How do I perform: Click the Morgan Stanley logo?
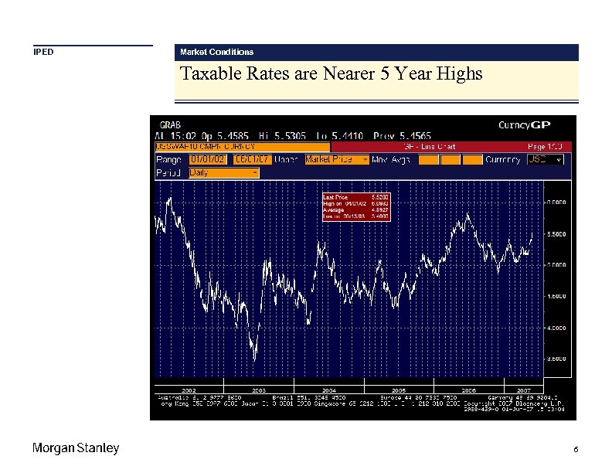[76, 449]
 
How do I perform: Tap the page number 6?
[576, 450]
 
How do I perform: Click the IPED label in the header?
[43, 53]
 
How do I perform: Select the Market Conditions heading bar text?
[216, 52]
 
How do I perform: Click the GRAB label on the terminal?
[170, 124]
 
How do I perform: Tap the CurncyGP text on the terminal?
[524, 124]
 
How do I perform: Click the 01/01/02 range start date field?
[208, 159]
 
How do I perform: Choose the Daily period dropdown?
[223, 173]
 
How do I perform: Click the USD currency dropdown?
[545, 159]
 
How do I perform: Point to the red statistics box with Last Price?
[356, 207]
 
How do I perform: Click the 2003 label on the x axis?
[259, 390]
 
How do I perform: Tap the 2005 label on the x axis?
[399, 390]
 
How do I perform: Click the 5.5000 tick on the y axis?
[556, 233]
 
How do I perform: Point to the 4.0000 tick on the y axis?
[556, 328]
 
